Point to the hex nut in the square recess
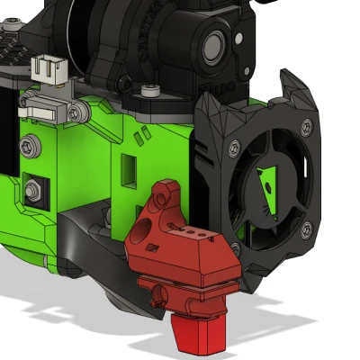[34, 190]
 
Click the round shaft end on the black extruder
[218, 42]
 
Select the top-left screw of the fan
[234, 144]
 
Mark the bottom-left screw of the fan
[235, 247]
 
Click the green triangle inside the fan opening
[267, 185]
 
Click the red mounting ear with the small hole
[165, 197]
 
